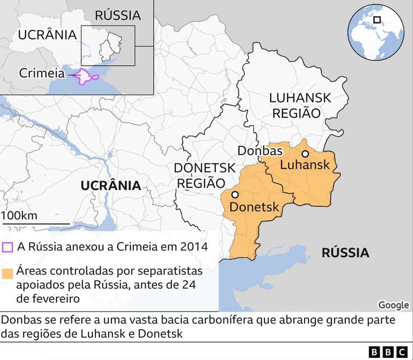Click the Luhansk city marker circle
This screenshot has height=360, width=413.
[305, 154]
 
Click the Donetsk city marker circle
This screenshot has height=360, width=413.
[235, 195]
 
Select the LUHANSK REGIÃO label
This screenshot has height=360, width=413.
[300, 106]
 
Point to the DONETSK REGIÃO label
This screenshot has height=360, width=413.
[204, 175]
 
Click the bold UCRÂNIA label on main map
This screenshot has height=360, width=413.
[110, 186]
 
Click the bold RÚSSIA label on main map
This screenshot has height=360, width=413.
[345, 253]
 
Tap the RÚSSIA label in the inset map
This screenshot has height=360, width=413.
[117, 15]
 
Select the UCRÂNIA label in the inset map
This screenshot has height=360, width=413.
[47, 35]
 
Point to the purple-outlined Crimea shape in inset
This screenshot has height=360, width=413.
[85, 76]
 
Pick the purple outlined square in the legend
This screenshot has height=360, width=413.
[7, 247]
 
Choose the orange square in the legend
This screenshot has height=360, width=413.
[7, 274]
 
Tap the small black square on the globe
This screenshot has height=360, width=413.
[377, 20]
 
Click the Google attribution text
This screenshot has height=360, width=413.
[393, 305]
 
